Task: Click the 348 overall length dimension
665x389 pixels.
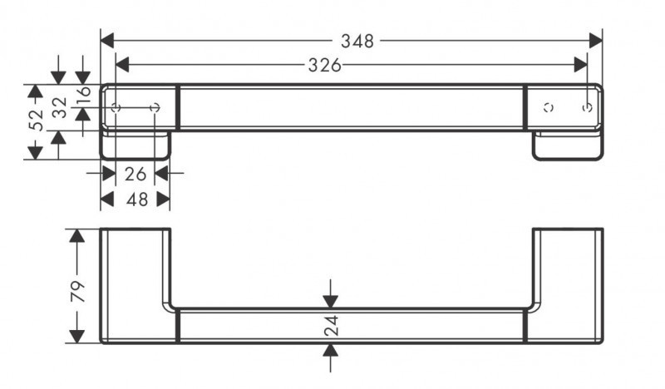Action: (x=357, y=41)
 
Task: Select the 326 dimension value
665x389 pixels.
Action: (x=325, y=66)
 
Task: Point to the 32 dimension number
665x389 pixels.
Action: (x=59, y=108)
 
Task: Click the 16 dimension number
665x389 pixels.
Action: (x=83, y=97)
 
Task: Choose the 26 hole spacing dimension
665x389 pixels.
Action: (x=135, y=174)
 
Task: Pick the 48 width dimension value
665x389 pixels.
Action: (x=135, y=199)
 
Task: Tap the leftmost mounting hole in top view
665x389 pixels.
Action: (x=116, y=107)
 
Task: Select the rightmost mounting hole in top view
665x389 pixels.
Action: (x=587, y=107)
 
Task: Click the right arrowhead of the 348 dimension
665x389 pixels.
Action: (x=595, y=41)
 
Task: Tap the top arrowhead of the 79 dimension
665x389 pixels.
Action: (x=76, y=236)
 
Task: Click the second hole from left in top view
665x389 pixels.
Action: (x=155, y=107)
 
